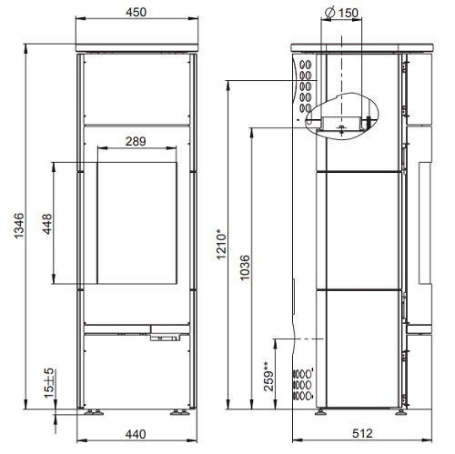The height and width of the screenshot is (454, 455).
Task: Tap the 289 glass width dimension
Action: click(135, 141)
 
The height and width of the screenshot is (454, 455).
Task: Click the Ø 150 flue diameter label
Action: click(343, 13)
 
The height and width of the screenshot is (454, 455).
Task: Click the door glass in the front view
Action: click(135, 224)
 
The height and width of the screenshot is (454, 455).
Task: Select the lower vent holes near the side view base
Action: click(303, 384)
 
